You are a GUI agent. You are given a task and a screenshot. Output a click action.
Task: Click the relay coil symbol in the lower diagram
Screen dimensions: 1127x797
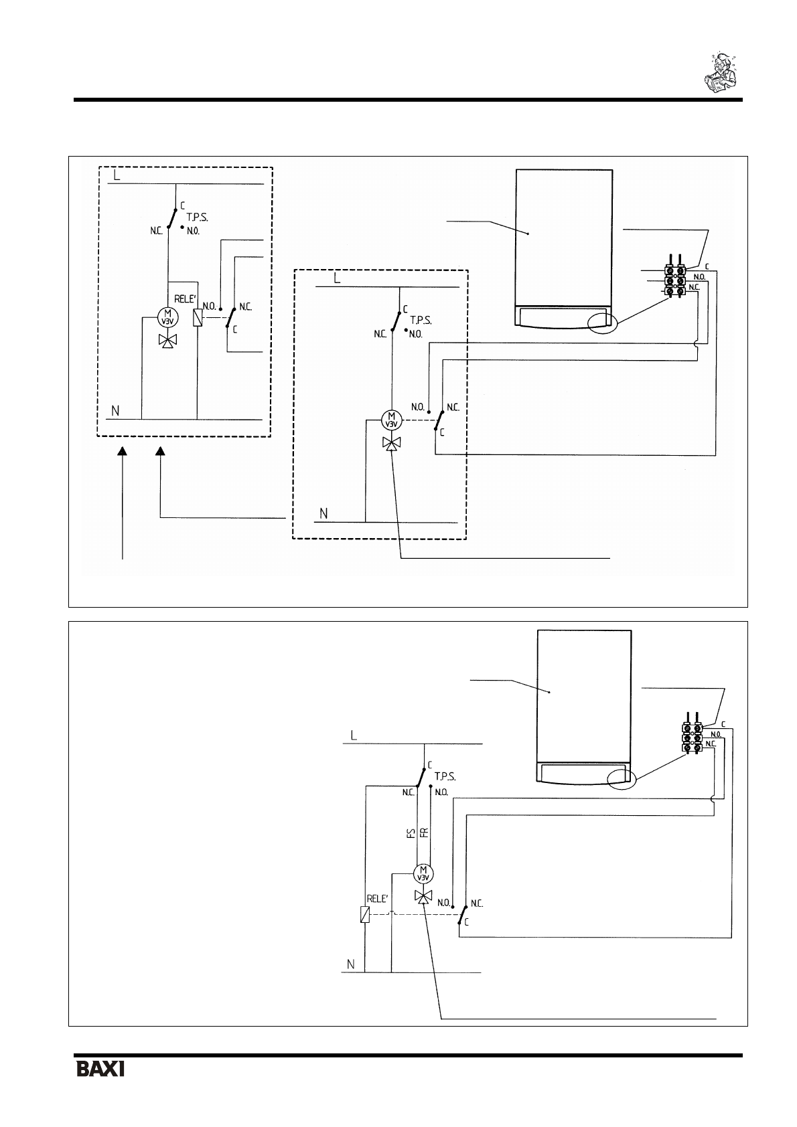pos(364,915)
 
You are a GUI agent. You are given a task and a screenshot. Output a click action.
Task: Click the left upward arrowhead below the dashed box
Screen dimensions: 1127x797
pos(123,453)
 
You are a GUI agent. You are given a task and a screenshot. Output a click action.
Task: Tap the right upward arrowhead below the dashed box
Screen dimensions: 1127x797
pos(160,453)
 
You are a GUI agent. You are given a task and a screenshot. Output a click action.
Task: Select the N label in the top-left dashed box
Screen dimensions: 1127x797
pos(115,410)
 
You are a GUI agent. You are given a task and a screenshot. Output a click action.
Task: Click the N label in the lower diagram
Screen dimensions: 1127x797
pos(350,964)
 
